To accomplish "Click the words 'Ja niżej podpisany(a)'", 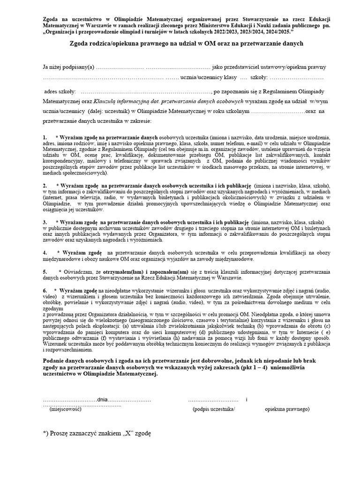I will click(x=68, y=67).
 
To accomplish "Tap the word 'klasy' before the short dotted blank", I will click(x=229, y=77).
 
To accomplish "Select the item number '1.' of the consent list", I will click(x=45, y=136).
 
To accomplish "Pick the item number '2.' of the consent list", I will click(x=45, y=185).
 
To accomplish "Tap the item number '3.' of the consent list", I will click(x=45, y=221).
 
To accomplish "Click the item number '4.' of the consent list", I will click(x=45, y=253).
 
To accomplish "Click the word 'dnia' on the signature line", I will click(x=103, y=399).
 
